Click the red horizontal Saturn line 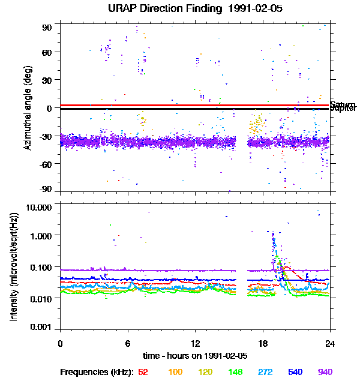[180, 105]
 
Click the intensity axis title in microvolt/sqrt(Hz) [14, 267]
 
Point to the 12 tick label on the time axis [195, 343]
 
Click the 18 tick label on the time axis [263, 343]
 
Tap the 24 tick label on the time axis [330, 343]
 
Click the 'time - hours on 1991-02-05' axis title [195, 355]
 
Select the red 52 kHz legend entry [143, 373]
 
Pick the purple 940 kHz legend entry [325, 373]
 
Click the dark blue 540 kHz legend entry [295, 373]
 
